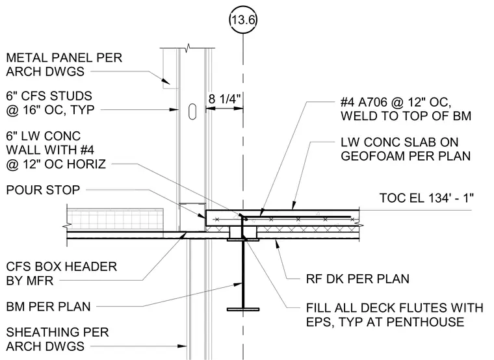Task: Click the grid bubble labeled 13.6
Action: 242,20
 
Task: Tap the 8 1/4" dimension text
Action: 224,99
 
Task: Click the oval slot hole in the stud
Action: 192,111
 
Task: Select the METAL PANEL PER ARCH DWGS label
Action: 64,64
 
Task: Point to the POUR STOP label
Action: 43,190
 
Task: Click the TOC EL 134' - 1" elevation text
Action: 426,198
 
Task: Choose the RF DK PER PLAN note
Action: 357,279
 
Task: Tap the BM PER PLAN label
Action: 48,307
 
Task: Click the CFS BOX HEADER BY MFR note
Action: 62,274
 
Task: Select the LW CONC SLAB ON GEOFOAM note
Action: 406,149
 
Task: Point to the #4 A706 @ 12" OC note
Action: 406,109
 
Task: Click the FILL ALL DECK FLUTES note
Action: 395,315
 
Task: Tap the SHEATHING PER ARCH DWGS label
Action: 57,339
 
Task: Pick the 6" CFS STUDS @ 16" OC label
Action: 51,103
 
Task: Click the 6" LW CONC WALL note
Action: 56,150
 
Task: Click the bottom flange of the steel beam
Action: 243,309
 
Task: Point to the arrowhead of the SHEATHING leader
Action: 182,346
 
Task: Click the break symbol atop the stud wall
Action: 188,49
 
